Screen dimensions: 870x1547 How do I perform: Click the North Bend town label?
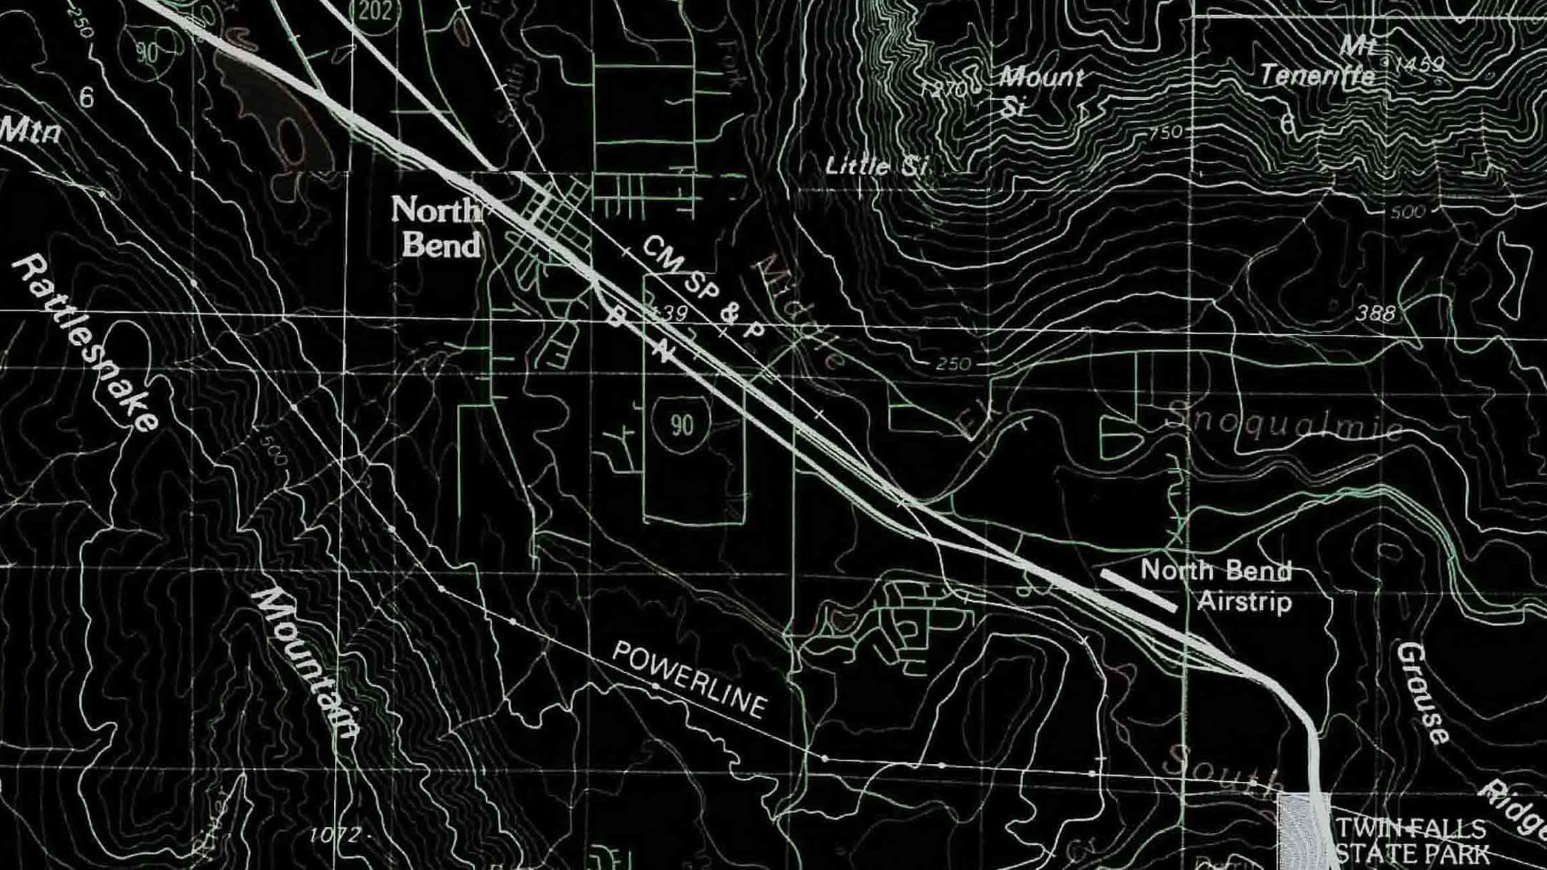pos(436,227)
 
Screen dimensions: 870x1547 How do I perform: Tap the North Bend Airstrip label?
pos(1215,586)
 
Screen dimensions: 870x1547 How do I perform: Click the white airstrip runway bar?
pos(1139,590)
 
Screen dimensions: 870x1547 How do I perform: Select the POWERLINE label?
pos(690,680)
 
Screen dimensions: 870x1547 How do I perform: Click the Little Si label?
pos(877,166)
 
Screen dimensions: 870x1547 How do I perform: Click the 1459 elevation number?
pos(1418,64)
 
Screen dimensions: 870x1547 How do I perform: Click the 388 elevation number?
pos(1375,313)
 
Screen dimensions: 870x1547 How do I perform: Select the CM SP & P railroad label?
pos(704,288)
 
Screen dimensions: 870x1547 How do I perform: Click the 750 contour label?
pos(1165,133)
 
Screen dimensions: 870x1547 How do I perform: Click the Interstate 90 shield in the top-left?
pos(148,53)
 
